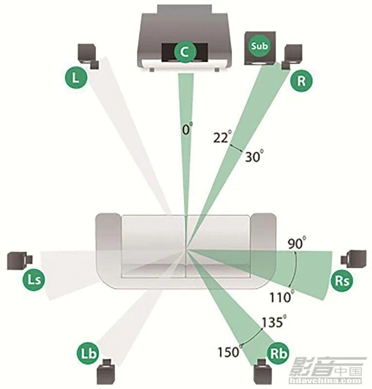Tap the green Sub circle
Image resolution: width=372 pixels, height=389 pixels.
(258, 46)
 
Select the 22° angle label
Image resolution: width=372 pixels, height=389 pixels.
(221, 138)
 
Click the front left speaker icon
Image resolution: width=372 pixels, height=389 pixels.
(89, 55)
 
